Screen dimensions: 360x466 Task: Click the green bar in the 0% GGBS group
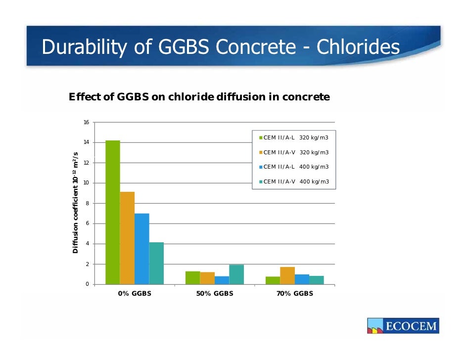[x=112, y=213]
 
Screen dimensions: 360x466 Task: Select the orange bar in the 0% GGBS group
[x=127, y=238]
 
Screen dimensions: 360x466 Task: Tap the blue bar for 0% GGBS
[x=141, y=249]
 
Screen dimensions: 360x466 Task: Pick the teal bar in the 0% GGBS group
[x=156, y=263]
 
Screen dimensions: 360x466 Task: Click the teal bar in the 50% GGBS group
[x=236, y=274]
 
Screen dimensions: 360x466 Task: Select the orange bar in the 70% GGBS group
[x=287, y=275]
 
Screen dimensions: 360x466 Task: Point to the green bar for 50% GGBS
[x=192, y=277]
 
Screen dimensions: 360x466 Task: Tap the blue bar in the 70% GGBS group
[x=302, y=279]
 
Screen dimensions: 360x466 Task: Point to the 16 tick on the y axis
[x=86, y=122]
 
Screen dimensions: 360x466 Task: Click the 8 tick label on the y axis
[x=87, y=203]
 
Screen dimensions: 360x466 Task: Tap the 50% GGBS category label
[x=215, y=293]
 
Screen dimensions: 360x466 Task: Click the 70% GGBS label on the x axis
[x=295, y=293]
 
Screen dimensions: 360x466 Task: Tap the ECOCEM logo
[x=403, y=326]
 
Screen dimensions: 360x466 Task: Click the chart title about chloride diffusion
[x=199, y=97]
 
